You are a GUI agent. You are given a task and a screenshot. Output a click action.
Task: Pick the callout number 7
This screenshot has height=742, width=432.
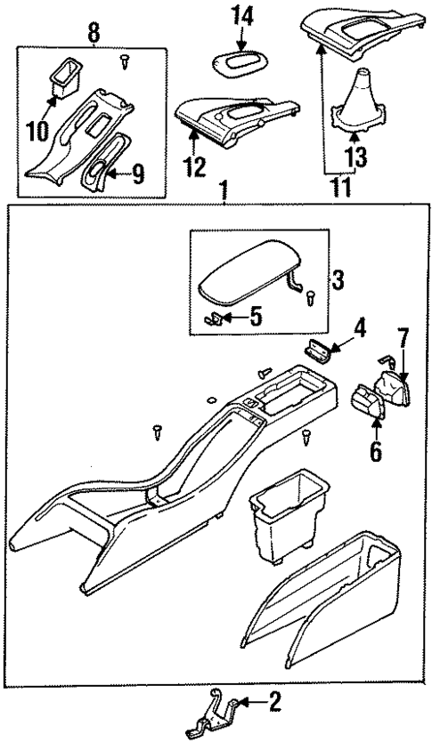(x=403, y=338)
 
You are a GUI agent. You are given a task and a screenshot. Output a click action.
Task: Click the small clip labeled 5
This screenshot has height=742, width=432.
(x=214, y=318)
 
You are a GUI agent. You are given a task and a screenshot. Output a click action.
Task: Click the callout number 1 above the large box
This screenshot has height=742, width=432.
(x=224, y=191)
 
